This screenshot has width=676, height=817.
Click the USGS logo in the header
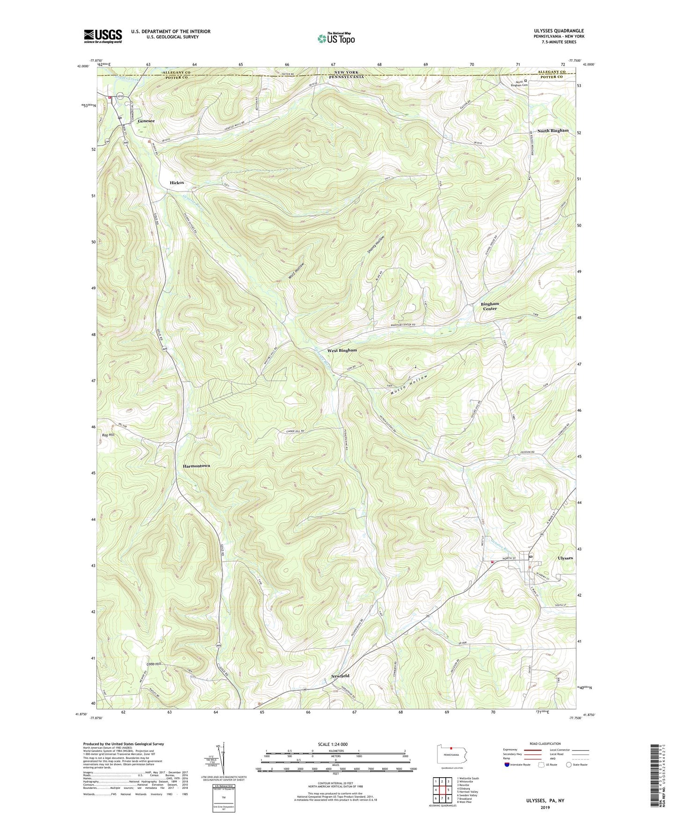[x=103, y=36]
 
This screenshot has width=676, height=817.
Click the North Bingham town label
[x=552, y=131]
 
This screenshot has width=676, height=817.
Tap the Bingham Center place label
[x=490, y=306]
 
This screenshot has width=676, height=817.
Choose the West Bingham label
[x=342, y=350]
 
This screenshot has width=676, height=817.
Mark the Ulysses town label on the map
[x=565, y=558]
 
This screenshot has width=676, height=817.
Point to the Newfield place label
[x=341, y=676]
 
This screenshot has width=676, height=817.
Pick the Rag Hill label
[x=108, y=435]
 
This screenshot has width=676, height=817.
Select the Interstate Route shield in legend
[x=508, y=765]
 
